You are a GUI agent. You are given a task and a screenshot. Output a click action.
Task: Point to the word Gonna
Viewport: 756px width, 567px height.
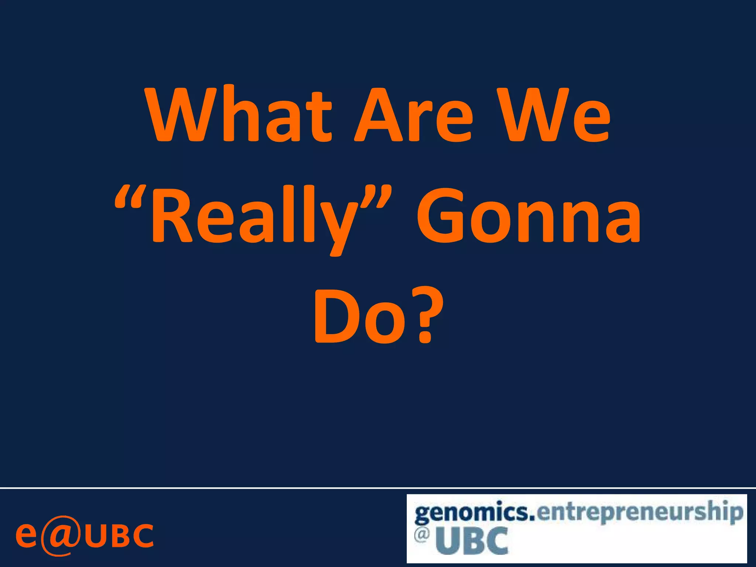click(528, 216)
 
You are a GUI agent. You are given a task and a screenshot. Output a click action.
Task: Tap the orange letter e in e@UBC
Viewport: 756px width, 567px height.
click(26, 535)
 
